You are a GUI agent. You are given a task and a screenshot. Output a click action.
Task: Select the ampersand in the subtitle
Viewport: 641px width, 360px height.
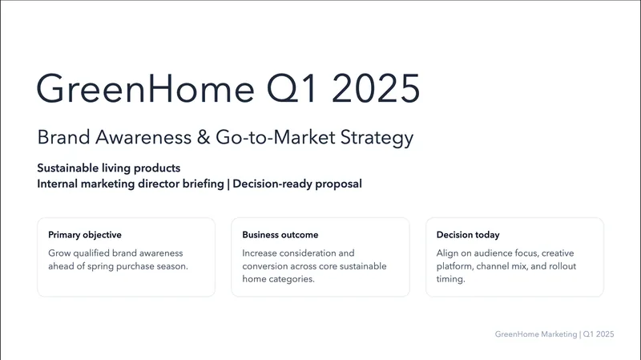tap(202, 137)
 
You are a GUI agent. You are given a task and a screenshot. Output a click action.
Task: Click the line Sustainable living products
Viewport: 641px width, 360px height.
tap(108, 168)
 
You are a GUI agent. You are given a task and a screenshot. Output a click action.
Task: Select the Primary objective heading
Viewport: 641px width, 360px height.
tap(85, 235)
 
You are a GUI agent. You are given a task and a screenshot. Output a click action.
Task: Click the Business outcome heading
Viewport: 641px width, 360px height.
tap(280, 235)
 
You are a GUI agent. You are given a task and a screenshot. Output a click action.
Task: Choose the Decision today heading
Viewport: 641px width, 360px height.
tap(468, 235)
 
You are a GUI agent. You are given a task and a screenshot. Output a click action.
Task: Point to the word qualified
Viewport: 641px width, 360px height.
tap(97, 253)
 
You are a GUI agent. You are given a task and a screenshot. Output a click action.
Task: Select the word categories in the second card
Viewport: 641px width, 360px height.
tap(296, 280)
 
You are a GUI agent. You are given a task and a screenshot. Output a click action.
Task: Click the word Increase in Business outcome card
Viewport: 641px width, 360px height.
tap(262, 253)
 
